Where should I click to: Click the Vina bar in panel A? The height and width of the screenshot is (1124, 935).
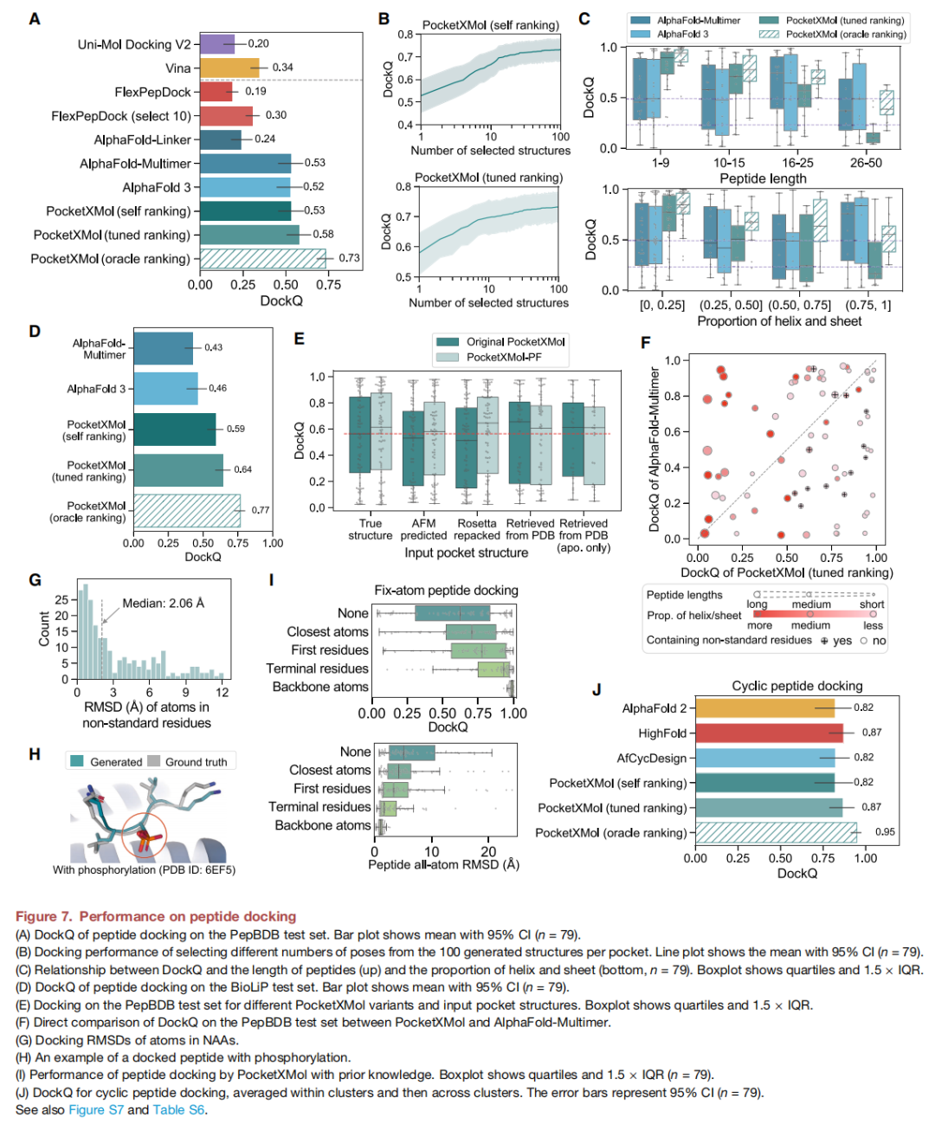[229, 68]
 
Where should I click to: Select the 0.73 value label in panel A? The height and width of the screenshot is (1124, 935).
[349, 258]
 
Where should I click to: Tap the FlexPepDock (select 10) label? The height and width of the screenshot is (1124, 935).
[120, 116]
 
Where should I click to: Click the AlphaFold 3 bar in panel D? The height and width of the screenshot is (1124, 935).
[165, 389]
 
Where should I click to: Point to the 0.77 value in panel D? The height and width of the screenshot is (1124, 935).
[261, 510]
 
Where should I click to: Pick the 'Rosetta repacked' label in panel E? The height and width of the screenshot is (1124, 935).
[477, 529]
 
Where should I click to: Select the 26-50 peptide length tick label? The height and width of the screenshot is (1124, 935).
[866, 163]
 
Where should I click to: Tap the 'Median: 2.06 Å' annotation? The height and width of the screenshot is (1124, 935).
[163, 603]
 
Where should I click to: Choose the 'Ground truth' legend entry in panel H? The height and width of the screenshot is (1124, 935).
[196, 762]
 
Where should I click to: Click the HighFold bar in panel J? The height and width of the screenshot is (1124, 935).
[769, 733]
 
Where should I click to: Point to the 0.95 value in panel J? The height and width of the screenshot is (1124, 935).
[885, 832]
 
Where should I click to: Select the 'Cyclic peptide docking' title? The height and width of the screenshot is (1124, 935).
[796, 686]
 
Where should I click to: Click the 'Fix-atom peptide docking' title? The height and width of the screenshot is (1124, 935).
[446, 591]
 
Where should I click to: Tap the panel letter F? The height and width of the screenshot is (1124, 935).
[645, 343]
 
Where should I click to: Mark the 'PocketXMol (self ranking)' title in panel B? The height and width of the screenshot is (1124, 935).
[490, 25]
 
